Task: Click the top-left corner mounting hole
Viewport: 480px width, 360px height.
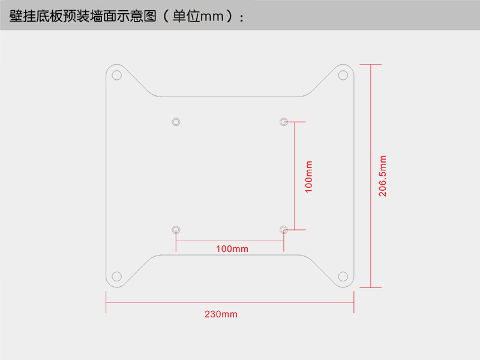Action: pyautogui.click(x=117, y=76)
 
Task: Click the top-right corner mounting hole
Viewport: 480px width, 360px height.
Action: pyautogui.click(x=343, y=75)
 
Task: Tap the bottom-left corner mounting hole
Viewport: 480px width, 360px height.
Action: pyautogui.click(x=117, y=277)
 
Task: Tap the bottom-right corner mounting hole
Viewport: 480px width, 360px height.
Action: pyautogui.click(x=343, y=277)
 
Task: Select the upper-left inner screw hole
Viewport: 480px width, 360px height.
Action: pyautogui.click(x=176, y=122)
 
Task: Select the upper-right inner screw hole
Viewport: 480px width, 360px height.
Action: pyautogui.click(x=284, y=122)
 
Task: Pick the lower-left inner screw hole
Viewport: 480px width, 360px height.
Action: pyautogui.click(x=176, y=229)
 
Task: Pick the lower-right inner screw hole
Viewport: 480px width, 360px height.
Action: pyautogui.click(x=284, y=229)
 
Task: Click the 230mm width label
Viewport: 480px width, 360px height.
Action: pyautogui.click(x=221, y=314)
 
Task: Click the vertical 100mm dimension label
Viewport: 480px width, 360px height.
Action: pyautogui.click(x=309, y=176)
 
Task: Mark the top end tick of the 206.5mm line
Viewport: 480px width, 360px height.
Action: pyautogui.click(x=371, y=64)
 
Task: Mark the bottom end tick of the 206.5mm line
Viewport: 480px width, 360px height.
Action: pyautogui.click(x=371, y=287)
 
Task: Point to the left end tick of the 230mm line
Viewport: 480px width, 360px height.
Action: pyautogui.click(x=106, y=302)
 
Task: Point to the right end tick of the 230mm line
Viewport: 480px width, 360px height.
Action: pyautogui.click(x=354, y=302)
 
